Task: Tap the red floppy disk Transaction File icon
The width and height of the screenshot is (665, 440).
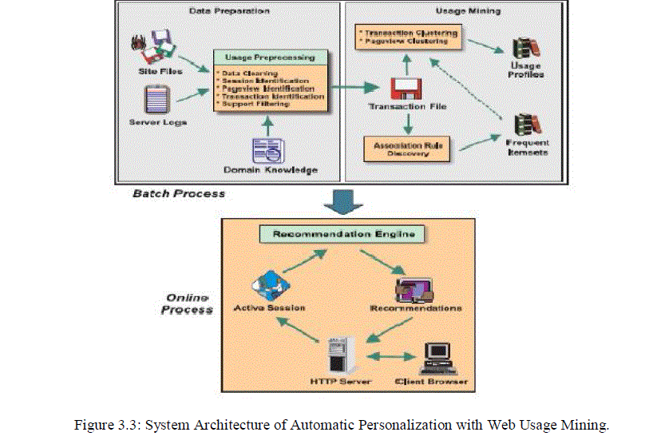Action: tap(406, 89)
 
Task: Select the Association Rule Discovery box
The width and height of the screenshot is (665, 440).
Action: tap(406, 148)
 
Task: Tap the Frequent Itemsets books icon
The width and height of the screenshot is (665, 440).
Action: tap(524, 124)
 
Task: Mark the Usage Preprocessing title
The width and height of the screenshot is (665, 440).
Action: tap(270, 57)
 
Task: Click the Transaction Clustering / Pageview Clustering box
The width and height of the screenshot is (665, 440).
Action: tap(409, 35)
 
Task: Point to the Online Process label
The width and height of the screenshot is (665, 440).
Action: tap(187, 303)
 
